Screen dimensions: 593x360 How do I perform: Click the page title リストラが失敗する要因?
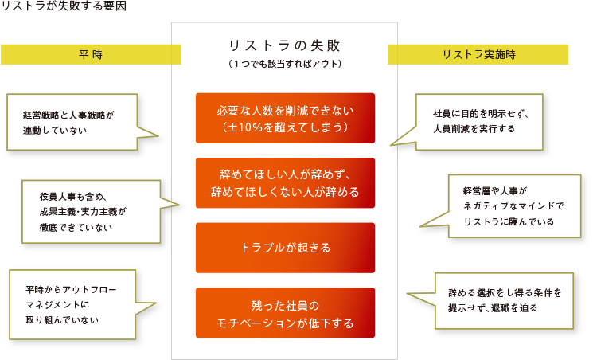pyautogui.click(x=64, y=6)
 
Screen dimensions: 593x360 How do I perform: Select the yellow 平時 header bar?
pyautogui.click(x=92, y=54)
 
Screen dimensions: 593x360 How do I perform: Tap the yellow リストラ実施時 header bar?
pyautogui.click(x=478, y=54)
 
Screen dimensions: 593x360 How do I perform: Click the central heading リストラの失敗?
pyautogui.click(x=284, y=46)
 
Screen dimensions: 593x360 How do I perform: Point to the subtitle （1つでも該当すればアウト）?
pyautogui.click(x=284, y=64)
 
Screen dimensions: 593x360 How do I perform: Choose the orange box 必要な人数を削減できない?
pyautogui.click(x=285, y=118)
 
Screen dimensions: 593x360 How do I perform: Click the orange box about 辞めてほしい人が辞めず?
pyautogui.click(x=285, y=183)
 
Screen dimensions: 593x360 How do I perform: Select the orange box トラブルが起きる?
pyautogui.click(x=285, y=248)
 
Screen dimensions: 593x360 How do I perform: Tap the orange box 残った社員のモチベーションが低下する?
pyautogui.click(x=285, y=313)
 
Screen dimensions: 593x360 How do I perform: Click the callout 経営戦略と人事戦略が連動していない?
pyautogui.click(x=72, y=122)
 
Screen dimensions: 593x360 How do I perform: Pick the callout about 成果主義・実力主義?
pyautogui.click(x=92, y=212)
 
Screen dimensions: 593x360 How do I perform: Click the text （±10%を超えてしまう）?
pyautogui.click(x=285, y=127)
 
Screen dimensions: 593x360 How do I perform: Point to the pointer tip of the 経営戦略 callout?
pyautogui.click(x=158, y=135)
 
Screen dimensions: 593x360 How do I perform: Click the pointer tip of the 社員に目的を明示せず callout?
pyautogui.click(x=391, y=145)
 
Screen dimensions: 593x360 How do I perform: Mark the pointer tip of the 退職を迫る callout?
pyautogui.click(x=408, y=293)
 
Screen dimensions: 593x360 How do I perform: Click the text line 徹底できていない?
pyautogui.click(x=76, y=228)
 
